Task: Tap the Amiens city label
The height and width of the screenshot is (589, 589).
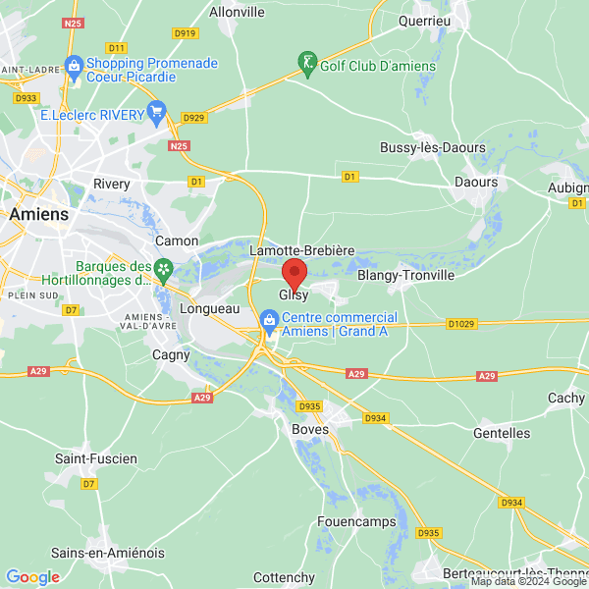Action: pos(38,214)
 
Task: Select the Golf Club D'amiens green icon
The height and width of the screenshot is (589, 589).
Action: pos(308,65)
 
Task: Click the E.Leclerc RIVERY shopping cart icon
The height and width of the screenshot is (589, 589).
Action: pos(155,113)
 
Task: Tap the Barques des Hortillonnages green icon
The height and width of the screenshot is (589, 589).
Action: pos(164,267)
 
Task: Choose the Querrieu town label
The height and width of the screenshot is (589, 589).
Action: pos(424,20)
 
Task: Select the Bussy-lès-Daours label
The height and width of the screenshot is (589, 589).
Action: pos(433,147)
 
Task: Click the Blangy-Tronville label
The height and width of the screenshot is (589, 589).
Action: pos(405,276)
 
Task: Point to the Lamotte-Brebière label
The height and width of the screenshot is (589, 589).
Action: pos(301,250)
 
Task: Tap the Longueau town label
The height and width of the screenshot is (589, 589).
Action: pos(210,308)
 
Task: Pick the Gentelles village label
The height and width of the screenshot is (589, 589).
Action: pos(501,433)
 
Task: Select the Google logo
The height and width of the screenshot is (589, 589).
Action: pos(32,576)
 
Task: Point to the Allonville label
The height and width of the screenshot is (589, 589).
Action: pos(238,13)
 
